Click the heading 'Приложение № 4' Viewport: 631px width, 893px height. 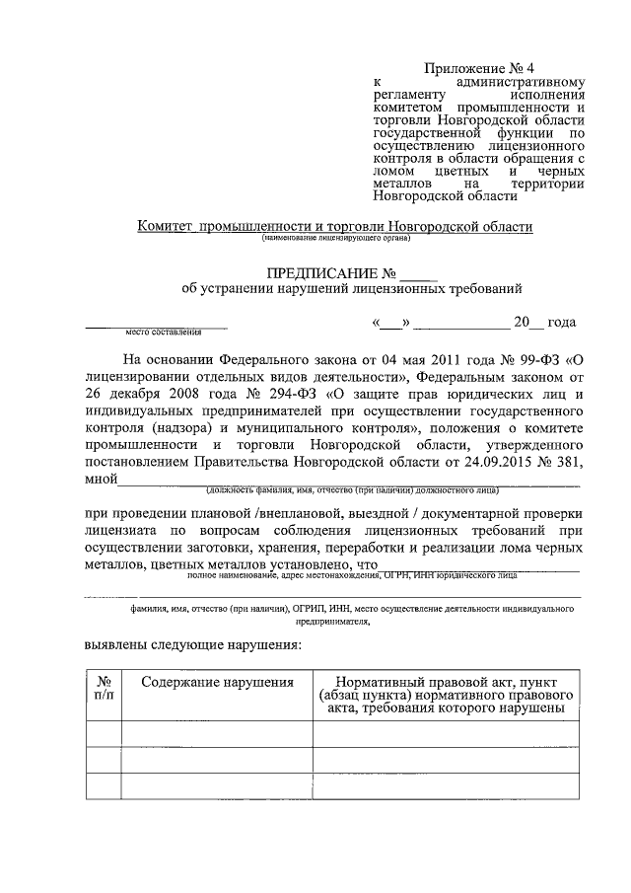(478, 68)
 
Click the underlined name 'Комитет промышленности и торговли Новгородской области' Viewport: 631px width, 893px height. (335, 226)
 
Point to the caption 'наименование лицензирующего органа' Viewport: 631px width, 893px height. (335, 238)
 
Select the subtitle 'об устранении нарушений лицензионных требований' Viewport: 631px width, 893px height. (345, 289)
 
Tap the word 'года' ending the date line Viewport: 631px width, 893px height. (561, 323)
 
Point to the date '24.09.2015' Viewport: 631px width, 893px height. (492, 464)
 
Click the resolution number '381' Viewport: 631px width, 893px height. (563, 464)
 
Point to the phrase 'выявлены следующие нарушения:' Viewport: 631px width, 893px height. (192, 644)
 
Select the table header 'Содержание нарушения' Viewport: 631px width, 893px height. (217, 682)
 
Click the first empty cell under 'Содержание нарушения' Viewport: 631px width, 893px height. (217, 734)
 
